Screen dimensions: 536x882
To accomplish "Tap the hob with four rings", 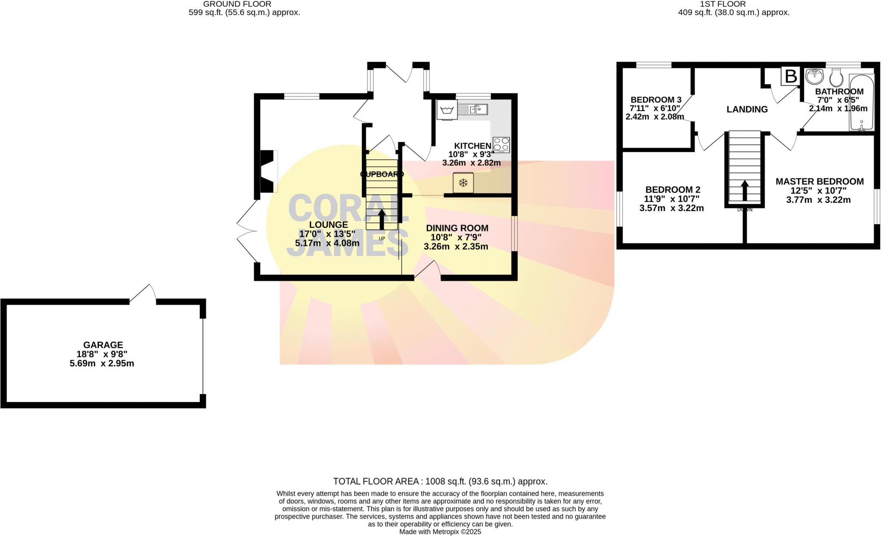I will [501, 145].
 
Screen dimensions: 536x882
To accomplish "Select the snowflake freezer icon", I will [463, 183].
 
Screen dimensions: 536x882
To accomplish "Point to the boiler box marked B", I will [791, 77].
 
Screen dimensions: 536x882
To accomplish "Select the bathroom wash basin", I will [814, 77].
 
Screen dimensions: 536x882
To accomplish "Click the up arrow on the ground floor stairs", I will [382, 219].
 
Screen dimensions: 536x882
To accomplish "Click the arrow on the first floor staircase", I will [745, 190].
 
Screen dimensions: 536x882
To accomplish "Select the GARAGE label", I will [103, 345].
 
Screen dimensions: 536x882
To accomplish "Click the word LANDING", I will [747, 109].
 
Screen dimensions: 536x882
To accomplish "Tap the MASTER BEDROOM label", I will [819, 181].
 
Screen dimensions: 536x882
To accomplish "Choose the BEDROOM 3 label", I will [655, 100].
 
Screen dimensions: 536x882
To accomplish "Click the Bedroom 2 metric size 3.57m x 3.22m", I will [671, 209].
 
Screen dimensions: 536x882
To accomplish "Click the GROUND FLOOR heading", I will [237, 4].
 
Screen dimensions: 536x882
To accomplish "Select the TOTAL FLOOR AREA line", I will [440, 481].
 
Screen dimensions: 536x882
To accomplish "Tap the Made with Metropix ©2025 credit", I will [440, 532].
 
